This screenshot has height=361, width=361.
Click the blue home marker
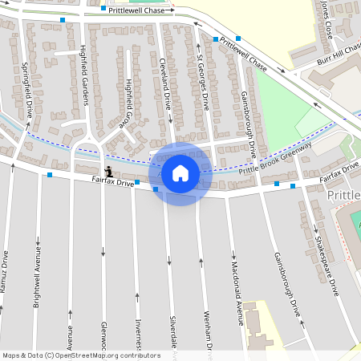point(180,173)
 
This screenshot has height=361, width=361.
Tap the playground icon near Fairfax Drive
point(109,170)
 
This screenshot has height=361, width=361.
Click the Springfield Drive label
point(26,90)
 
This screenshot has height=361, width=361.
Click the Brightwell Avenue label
point(37,277)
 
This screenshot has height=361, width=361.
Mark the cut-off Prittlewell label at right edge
point(346,195)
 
